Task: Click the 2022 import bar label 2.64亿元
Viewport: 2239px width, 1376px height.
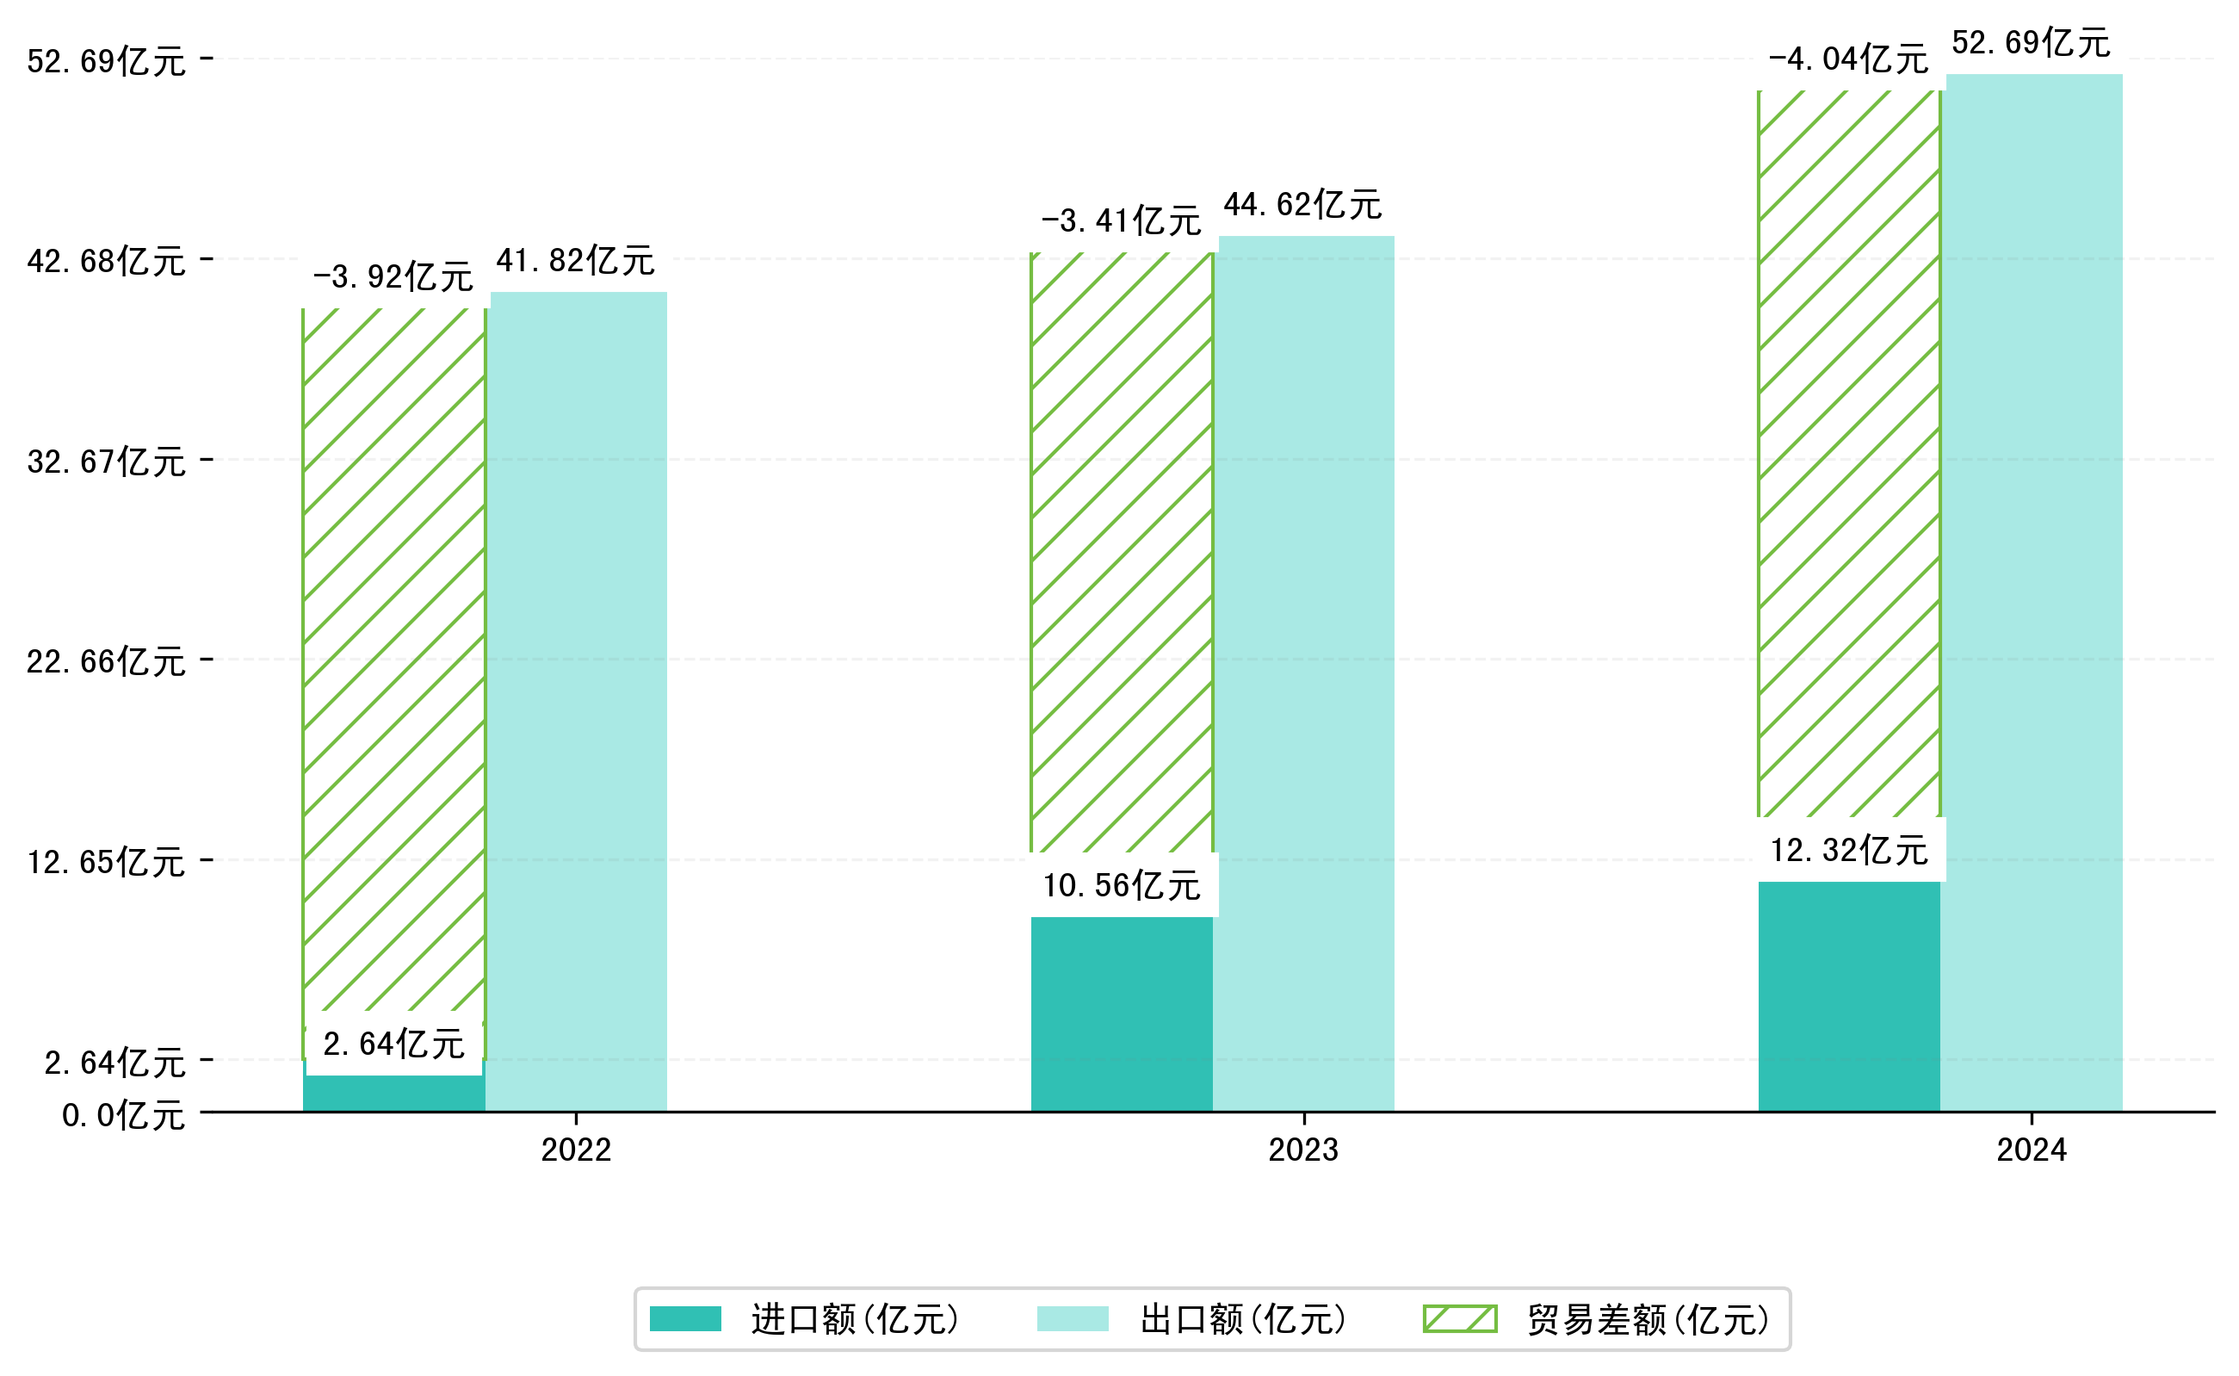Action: (x=394, y=1044)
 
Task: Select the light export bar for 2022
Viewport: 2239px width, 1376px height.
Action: (x=578, y=701)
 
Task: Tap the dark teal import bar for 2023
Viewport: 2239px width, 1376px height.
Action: (x=1121, y=1013)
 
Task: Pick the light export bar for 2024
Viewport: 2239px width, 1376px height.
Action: (x=2033, y=592)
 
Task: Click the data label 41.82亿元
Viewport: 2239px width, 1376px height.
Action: (x=575, y=261)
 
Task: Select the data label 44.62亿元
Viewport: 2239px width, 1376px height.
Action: (x=1302, y=205)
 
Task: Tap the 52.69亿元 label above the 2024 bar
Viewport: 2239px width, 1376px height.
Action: (x=2030, y=43)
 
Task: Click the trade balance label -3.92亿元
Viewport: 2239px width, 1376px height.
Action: (x=393, y=276)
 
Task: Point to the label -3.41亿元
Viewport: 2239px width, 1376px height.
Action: (x=1121, y=221)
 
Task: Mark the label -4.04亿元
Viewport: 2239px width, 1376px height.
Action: (x=1848, y=59)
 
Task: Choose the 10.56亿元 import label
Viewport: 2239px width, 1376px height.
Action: (x=1121, y=885)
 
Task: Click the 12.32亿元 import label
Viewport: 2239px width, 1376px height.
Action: (x=1848, y=850)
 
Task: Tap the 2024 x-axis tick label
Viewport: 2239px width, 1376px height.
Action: (x=2031, y=1150)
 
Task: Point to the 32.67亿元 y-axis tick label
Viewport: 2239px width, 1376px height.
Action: (x=107, y=462)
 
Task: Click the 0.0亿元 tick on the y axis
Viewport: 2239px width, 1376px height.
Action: (x=123, y=1115)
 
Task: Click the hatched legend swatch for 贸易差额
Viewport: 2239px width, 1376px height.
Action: (x=1459, y=1318)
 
